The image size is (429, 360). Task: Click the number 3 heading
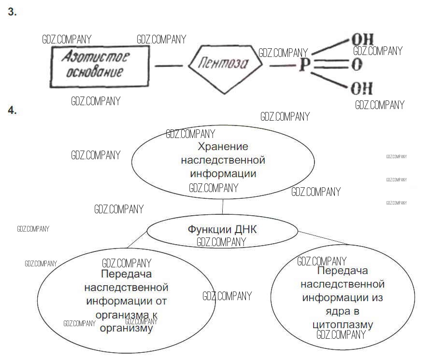point(12,13)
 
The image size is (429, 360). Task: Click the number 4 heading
point(12,111)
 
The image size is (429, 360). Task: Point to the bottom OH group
point(362,89)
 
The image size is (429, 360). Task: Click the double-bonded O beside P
point(357,65)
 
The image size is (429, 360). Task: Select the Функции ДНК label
point(222,229)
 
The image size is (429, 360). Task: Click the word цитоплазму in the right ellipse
point(343,323)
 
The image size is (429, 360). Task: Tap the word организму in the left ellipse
point(126,328)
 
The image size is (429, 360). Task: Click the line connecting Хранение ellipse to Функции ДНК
point(222,207)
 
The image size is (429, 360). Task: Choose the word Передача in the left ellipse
point(127,275)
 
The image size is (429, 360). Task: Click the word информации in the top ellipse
point(223,172)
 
